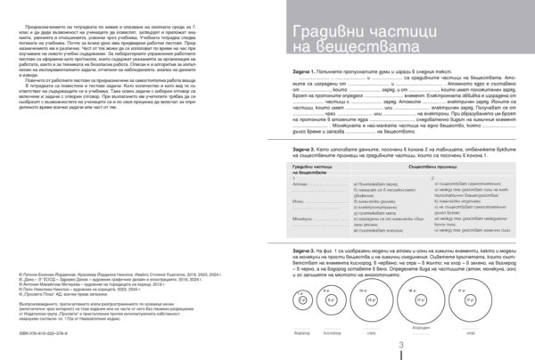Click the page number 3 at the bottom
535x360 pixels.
(401, 346)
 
